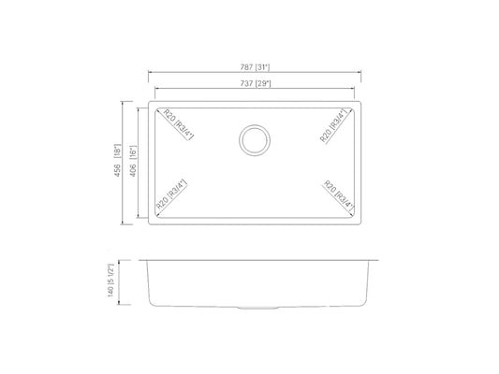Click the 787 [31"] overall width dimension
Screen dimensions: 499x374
(x=255, y=67)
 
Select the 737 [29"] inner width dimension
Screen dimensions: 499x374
(x=255, y=83)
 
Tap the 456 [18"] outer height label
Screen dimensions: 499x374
(x=118, y=161)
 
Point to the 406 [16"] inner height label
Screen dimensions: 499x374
(x=133, y=162)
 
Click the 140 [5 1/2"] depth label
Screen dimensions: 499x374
(x=110, y=280)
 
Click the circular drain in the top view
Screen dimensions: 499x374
(x=255, y=140)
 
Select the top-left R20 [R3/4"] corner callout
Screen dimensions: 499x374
(x=179, y=124)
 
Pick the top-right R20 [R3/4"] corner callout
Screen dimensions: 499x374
(x=333, y=126)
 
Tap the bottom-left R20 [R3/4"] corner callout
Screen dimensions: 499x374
(x=171, y=194)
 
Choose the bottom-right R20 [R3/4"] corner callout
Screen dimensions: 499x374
(x=339, y=196)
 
